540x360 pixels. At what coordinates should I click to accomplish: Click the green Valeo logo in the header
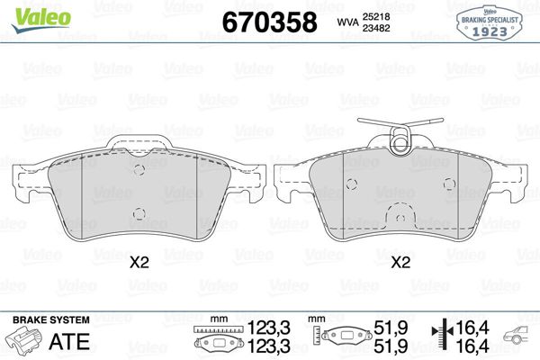click(x=30, y=12)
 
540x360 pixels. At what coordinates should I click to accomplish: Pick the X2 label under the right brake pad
click(x=400, y=264)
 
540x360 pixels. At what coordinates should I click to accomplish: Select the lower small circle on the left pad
click(x=138, y=213)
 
